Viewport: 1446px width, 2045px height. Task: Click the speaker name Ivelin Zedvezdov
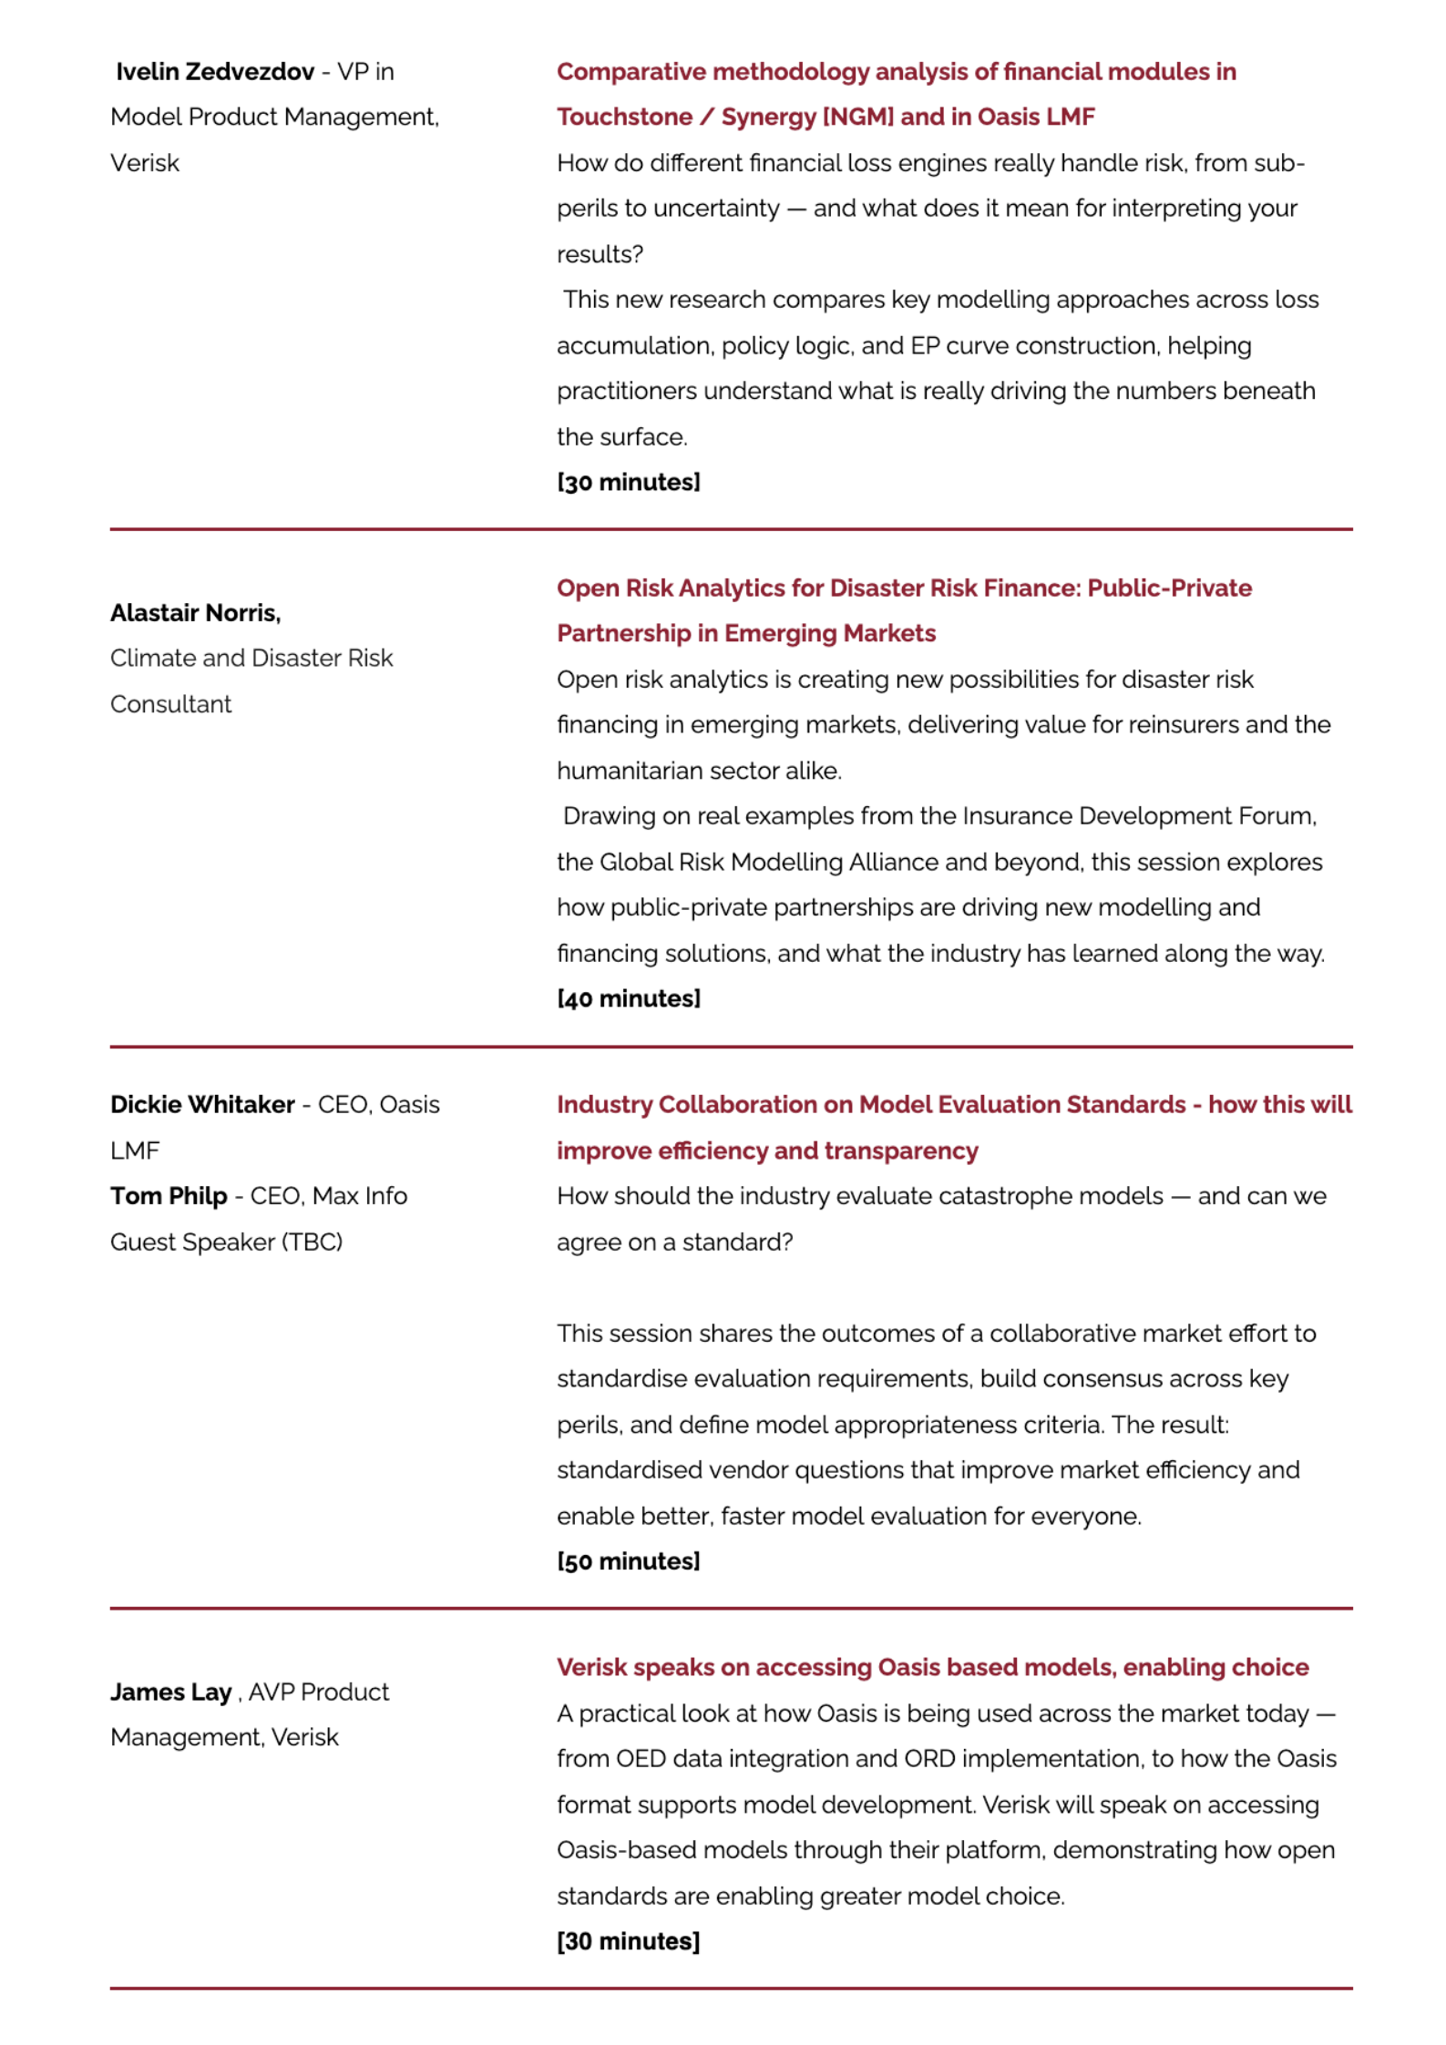pos(214,72)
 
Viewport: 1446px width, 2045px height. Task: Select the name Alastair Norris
pos(195,613)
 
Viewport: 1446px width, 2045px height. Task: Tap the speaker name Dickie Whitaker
pos(202,1105)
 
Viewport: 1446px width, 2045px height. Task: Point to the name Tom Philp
pos(169,1196)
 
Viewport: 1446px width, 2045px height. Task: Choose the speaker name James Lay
pos(171,1692)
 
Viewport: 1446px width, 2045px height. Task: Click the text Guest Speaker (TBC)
pos(226,1242)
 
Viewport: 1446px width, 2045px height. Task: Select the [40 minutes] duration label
pos(629,999)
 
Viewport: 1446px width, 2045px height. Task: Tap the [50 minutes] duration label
pos(629,1561)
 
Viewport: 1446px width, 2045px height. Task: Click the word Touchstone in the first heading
pos(624,118)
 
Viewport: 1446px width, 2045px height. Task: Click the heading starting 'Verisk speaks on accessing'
pos(932,1668)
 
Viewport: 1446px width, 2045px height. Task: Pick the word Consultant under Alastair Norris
pos(171,704)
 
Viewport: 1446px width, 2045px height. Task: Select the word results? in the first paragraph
pos(600,255)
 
